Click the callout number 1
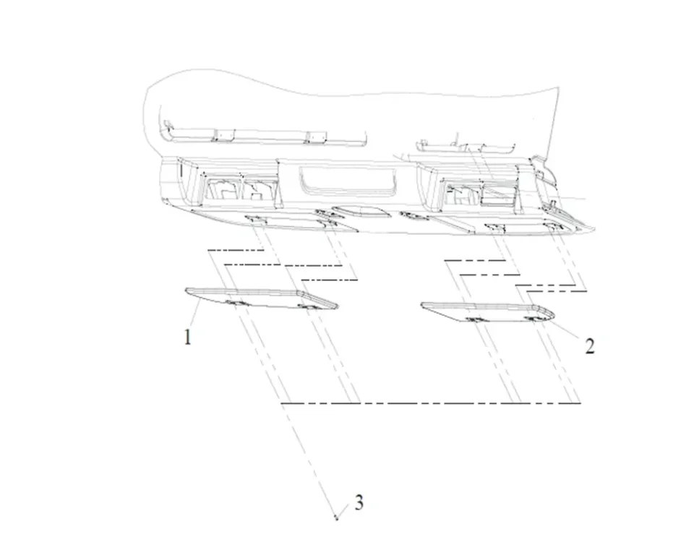tap(188, 337)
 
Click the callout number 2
tap(590, 345)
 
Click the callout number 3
tap(359, 503)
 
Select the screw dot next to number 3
tap(336, 517)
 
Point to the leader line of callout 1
tap(195, 313)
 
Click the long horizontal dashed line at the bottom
tap(431, 403)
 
